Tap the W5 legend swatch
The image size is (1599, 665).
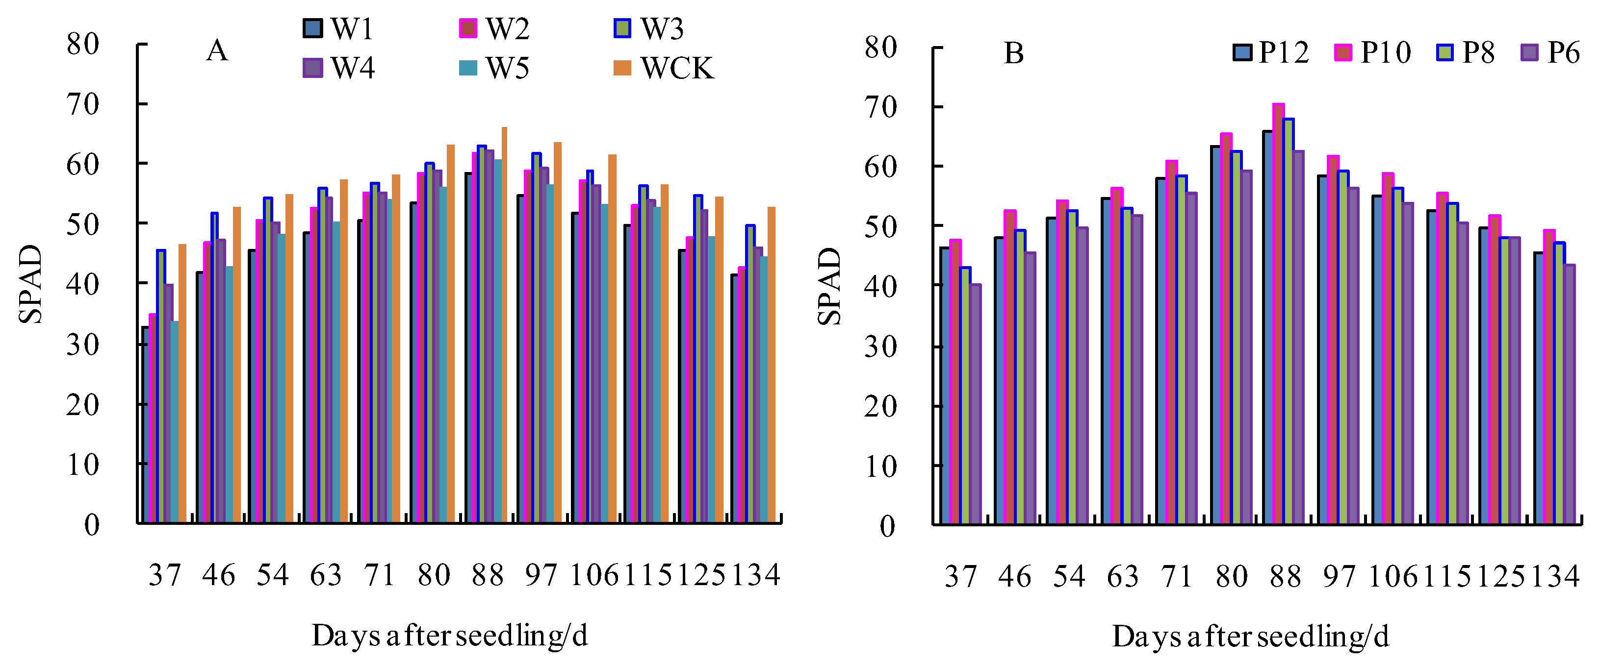(468, 68)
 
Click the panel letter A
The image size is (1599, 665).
(217, 50)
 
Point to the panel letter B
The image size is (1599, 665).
(1014, 53)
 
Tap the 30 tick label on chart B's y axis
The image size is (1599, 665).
(880, 346)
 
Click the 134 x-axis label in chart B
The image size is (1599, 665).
(1555, 576)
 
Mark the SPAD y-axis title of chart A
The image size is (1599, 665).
(30, 284)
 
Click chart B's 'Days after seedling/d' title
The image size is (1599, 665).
(1250, 636)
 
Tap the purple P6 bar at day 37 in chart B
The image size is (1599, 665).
(975, 403)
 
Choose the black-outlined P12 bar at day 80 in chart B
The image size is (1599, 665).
(1215, 335)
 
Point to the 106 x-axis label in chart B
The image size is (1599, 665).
(1393, 576)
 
